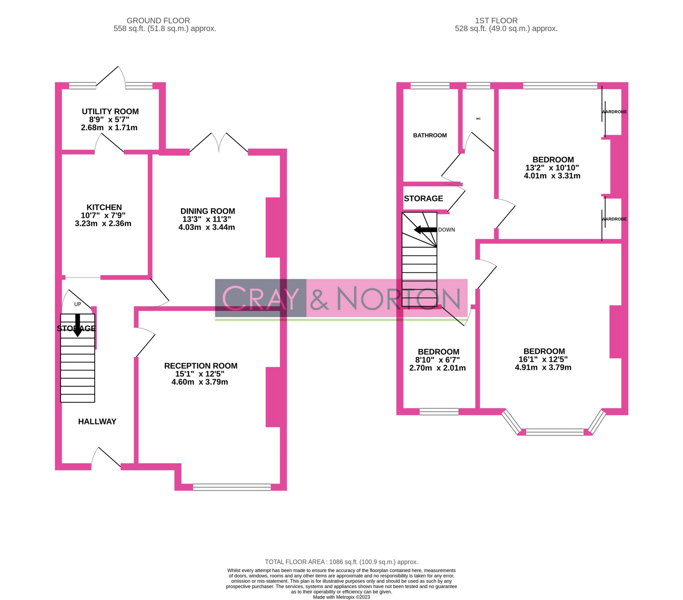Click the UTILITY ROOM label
pos(110,111)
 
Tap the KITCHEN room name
pos(104,207)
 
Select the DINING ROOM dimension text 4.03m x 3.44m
pos(206,227)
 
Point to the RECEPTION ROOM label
pos(201,366)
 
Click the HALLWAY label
pos(97,421)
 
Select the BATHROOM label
pos(430,135)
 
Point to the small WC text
pos(478,119)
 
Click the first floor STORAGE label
pos(423,199)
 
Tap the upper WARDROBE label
pos(614,112)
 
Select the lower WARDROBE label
pos(614,219)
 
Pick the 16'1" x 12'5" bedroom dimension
pos(543,360)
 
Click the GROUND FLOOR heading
pos(158,21)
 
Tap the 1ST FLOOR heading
pos(496,21)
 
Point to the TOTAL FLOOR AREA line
pos(341,562)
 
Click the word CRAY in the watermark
pos(260,298)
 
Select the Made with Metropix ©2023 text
pos(341,597)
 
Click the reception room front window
pos(232,487)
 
